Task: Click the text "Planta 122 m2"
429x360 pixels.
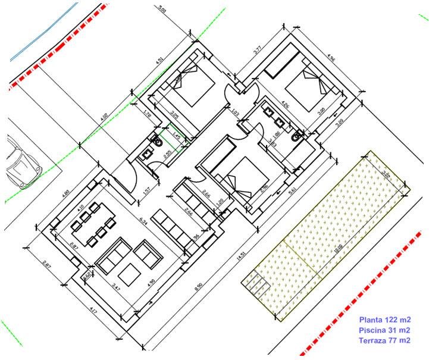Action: [384, 320]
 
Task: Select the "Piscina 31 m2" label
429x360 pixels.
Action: [384, 330]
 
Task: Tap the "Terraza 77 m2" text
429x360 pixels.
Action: [384, 340]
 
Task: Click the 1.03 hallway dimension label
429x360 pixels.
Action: [234, 111]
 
